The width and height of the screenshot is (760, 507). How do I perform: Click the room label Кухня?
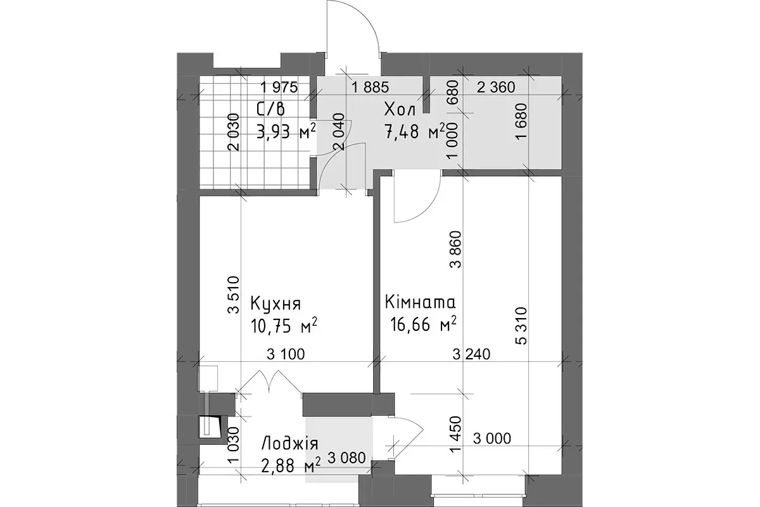click(275, 304)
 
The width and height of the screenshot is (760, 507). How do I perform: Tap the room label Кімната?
click(420, 302)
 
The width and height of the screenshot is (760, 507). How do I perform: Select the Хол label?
click(400, 110)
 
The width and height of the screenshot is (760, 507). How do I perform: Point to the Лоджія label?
click(290, 444)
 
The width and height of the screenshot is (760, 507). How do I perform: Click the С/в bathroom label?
click(271, 110)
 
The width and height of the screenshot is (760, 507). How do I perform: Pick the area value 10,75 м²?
click(284, 326)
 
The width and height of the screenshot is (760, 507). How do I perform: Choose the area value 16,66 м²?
click(423, 324)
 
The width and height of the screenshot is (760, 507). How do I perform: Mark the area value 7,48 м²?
click(414, 131)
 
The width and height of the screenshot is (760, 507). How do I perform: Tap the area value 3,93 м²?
click(286, 131)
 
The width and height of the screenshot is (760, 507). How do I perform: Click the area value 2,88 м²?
click(291, 465)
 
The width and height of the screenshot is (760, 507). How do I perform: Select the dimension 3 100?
click(286, 354)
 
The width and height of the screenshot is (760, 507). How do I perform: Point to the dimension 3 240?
click(472, 354)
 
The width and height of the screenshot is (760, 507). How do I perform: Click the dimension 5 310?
click(521, 326)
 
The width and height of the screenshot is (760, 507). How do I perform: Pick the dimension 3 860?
click(455, 250)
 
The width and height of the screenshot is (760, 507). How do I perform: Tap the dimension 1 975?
click(279, 87)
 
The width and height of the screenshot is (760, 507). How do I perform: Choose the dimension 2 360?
click(496, 87)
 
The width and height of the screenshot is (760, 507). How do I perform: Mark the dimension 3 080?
click(347, 458)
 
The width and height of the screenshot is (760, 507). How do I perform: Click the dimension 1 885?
click(370, 87)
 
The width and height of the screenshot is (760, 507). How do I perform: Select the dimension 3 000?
click(492, 439)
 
